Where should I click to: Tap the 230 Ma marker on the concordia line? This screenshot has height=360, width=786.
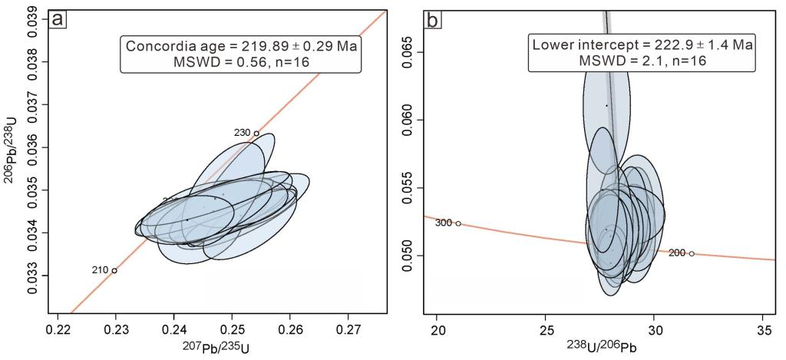256,133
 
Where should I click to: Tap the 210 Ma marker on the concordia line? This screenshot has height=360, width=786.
114,270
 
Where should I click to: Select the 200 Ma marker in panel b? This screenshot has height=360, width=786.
692,253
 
